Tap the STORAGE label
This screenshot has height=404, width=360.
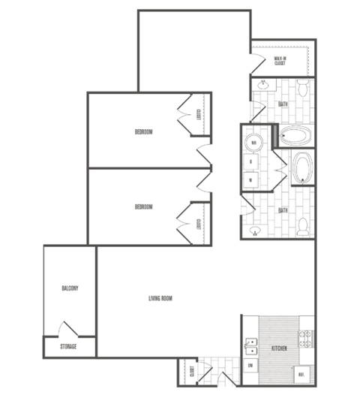pos(68,347)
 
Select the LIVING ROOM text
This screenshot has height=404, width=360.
pos(160,299)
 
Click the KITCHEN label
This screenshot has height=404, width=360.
pos(280,349)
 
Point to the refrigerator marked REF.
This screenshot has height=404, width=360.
pos(301,373)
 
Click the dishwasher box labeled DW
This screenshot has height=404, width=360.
pos(250,365)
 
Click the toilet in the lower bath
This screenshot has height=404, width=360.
pos(302,225)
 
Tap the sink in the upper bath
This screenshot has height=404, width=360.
pos(263,86)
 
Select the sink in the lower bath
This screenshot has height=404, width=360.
pos(254,231)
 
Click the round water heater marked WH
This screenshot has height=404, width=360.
pos(253,143)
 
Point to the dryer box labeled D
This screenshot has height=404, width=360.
pos(250,161)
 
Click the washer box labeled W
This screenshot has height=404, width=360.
pos(250,179)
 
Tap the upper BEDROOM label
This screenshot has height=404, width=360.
pos(143,132)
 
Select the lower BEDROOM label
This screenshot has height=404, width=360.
pos(143,207)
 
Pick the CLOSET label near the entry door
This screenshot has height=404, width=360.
pos(193,371)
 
